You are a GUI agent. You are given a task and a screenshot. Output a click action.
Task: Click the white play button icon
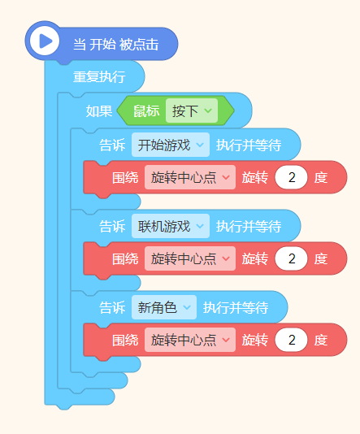pos(45,41)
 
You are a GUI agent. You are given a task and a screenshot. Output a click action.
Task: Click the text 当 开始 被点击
pos(116,44)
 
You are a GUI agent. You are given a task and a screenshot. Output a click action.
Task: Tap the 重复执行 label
pos(99,76)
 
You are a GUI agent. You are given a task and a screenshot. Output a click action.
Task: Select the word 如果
pos(99,111)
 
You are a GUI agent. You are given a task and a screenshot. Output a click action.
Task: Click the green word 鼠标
pos(146,111)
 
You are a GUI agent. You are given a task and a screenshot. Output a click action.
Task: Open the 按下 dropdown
pos(192,111)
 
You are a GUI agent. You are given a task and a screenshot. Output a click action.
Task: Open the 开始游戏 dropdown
pos(171,145)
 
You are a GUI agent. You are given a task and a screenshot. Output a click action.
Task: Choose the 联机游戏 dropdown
pos(171,226)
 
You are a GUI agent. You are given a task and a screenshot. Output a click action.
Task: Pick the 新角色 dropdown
pos(164,307)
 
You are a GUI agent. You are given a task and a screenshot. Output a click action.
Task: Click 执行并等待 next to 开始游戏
pos(249,145)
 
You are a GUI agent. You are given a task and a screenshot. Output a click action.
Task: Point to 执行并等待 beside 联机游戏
pos(249,226)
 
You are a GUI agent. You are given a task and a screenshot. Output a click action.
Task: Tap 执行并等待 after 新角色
pos(236,307)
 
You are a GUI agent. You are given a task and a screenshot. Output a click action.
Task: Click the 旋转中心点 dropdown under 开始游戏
pos(190,177)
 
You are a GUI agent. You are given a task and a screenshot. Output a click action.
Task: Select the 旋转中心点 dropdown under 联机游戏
pos(190,258)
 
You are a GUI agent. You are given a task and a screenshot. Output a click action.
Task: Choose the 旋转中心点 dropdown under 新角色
pos(190,340)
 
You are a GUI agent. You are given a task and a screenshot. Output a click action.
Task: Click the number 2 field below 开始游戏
pos(291,177)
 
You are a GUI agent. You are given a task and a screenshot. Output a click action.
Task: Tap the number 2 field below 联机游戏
pos(291,258)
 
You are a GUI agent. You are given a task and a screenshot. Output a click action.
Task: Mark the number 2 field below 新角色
pos(291,340)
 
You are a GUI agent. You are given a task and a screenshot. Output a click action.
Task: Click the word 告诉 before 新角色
pos(112,307)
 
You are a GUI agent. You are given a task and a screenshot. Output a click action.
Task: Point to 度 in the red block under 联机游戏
pos(321,258)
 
